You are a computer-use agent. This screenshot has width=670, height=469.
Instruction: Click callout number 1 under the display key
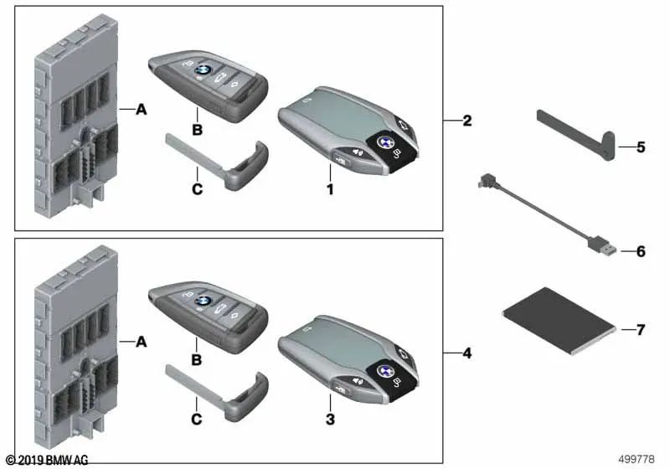(330, 189)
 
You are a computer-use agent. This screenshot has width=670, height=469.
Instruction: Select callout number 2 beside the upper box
(467, 121)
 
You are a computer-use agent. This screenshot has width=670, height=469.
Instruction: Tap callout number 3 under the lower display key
(330, 419)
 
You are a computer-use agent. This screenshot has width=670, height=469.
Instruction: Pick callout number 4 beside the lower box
(467, 353)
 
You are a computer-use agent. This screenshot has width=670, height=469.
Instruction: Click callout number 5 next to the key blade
(641, 147)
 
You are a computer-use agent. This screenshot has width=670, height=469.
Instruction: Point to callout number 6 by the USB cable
(641, 251)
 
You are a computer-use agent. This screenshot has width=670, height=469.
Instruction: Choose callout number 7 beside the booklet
(641, 330)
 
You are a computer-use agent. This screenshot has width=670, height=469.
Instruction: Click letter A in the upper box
(141, 110)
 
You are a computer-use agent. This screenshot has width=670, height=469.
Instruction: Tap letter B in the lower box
(197, 359)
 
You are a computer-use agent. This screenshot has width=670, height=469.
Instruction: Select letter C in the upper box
(197, 188)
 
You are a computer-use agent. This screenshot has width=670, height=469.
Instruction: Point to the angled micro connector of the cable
(485, 181)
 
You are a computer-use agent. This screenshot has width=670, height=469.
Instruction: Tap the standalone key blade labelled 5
(577, 135)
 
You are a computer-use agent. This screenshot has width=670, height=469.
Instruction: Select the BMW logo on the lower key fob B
(201, 301)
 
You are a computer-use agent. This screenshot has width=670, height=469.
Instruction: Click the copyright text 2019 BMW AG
(48, 460)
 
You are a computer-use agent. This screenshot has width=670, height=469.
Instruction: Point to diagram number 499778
(636, 459)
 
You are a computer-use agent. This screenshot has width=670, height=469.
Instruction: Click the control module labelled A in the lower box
(77, 347)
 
